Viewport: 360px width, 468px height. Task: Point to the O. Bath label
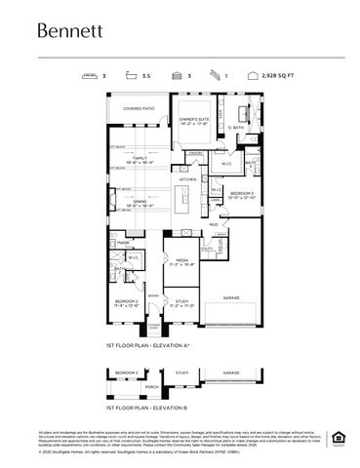click(236, 128)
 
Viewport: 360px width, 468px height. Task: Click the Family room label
click(140, 159)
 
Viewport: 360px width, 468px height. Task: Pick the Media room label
click(180, 262)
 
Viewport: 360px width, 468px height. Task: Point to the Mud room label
click(213, 223)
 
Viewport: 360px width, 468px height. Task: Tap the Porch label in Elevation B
click(150, 387)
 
